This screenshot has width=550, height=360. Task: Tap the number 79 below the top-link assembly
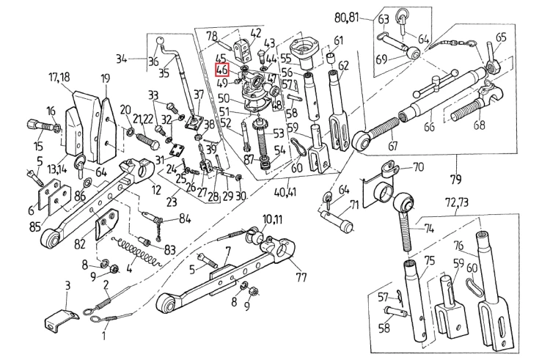[456, 179]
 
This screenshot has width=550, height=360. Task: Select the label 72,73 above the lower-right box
[457, 202]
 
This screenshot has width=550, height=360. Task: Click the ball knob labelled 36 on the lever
[160, 40]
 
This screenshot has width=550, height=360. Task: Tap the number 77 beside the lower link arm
[301, 277]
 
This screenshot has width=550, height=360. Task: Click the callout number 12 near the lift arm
[156, 190]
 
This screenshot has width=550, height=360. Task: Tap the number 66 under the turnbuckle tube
[429, 125]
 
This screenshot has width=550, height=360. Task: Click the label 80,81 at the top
[347, 17]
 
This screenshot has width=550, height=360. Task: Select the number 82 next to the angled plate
[80, 243]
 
